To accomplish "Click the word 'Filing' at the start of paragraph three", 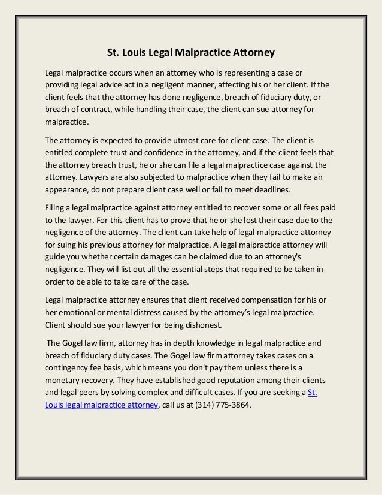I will point(56,207).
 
